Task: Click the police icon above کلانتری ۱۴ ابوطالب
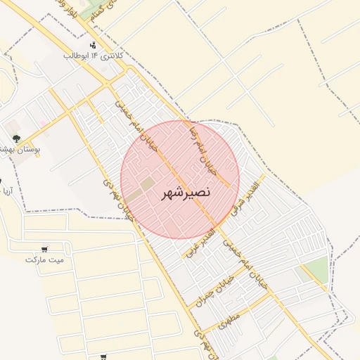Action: pyautogui.click(x=94, y=45)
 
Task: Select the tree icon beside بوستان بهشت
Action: pyautogui.click(x=16, y=139)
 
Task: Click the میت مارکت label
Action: pyautogui.click(x=44, y=259)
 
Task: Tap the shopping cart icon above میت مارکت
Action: pyautogui.click(x=45, y=249)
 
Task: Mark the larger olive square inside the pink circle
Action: pyautogui.click(x=148, y=184)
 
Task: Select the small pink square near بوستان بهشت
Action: pyautogui.click(x=43, y=124)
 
